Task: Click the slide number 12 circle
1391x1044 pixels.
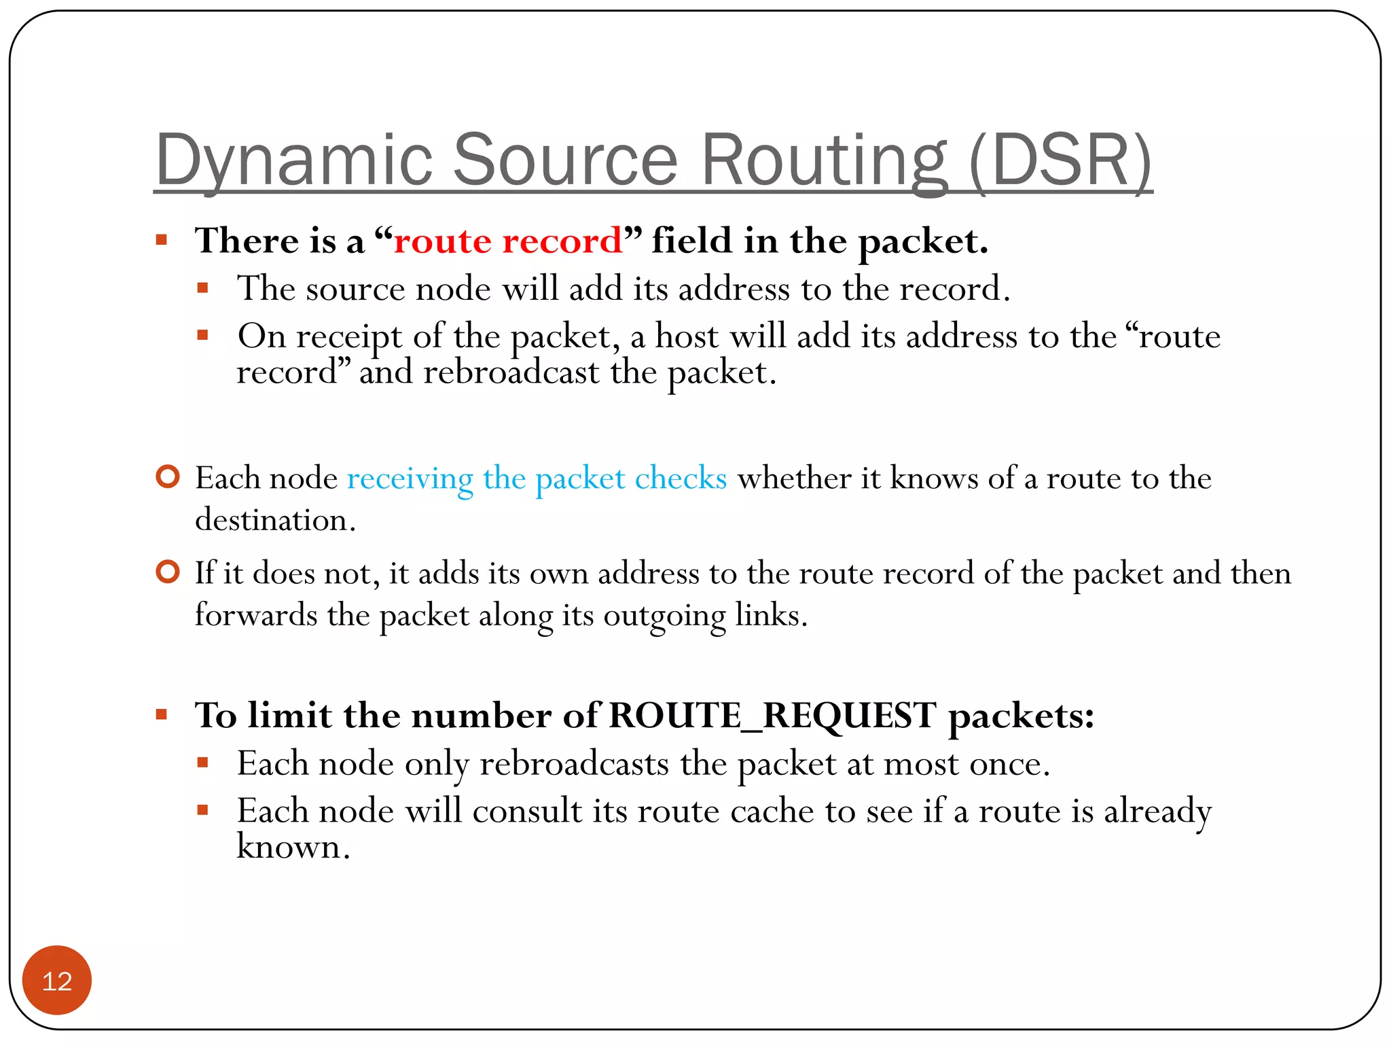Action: click(x=57, y=980)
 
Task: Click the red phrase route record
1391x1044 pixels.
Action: click(x=508, y=241)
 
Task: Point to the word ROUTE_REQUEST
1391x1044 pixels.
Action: click(x=772, y=716)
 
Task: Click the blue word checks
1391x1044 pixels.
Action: click(x=681, y=478)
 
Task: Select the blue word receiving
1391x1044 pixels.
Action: click(x=410, y=478)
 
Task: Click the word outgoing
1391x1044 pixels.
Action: click(x=665, y=616)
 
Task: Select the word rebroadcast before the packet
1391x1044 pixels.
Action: click(x=511, y=372)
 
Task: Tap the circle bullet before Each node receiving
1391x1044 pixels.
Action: click(x=168, y=476)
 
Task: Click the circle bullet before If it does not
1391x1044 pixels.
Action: click(x=168, y=572)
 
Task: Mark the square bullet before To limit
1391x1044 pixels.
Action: click(x=162, y=714)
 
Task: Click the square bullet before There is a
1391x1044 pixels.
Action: click(x=162, y=240)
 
